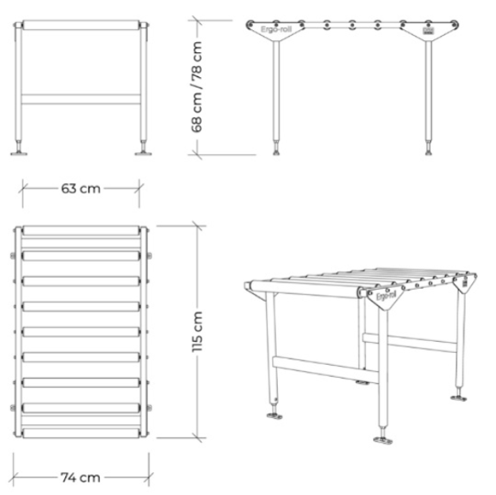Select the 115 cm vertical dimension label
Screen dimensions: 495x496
[x=198, y=331]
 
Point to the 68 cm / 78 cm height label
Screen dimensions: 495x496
[x=198, y=85]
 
